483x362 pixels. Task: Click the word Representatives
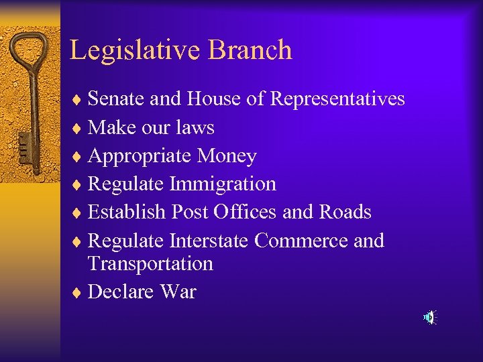pos(337,99)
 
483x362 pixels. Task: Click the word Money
pos(227,156)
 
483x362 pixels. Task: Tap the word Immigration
pos(223,184)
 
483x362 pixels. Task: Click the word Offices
pos(245,212)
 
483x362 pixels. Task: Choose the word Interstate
pos(210,240)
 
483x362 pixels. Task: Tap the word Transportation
pos(150,263)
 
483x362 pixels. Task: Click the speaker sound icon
pos(429,317)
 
